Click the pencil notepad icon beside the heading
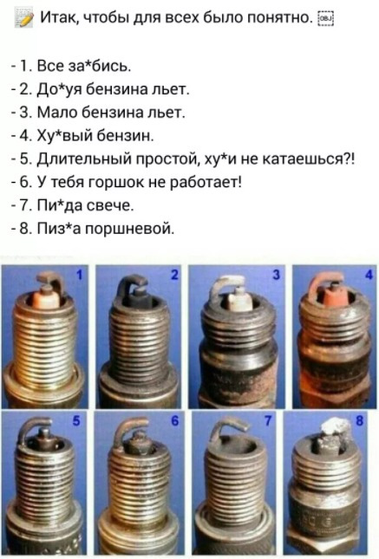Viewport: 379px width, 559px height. pos(24,18)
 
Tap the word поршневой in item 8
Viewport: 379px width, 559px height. pos(129,229)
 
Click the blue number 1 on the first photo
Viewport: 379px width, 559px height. pos(79,274)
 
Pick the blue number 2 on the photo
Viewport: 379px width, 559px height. pos(174,274)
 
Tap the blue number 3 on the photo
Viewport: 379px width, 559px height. pos(276,274)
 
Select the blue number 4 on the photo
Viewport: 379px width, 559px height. pos(369,274)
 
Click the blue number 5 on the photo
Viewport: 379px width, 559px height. pos(75,420)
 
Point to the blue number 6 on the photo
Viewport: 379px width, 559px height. pos(174,420)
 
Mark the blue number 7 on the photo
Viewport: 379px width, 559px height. pos(268,420)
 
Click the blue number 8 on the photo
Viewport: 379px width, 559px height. pos(359,420)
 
